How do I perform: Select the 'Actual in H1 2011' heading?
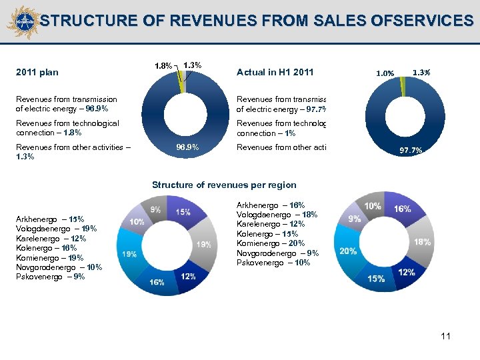click(274, 72)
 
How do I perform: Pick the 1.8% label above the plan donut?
click(163, 66)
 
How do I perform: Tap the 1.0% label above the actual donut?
click(385, 73)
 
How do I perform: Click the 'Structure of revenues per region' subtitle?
click(224, 185)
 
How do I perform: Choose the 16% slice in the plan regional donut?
click(157, 282)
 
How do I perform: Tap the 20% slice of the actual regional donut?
click(348, 251)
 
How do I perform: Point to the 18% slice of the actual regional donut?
click(422, 242)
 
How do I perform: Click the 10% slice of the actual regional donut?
click(373, 207)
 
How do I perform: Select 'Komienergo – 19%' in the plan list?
click(49, 257)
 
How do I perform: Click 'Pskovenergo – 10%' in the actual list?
click(273, 263)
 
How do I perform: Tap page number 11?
click(445, 336)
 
